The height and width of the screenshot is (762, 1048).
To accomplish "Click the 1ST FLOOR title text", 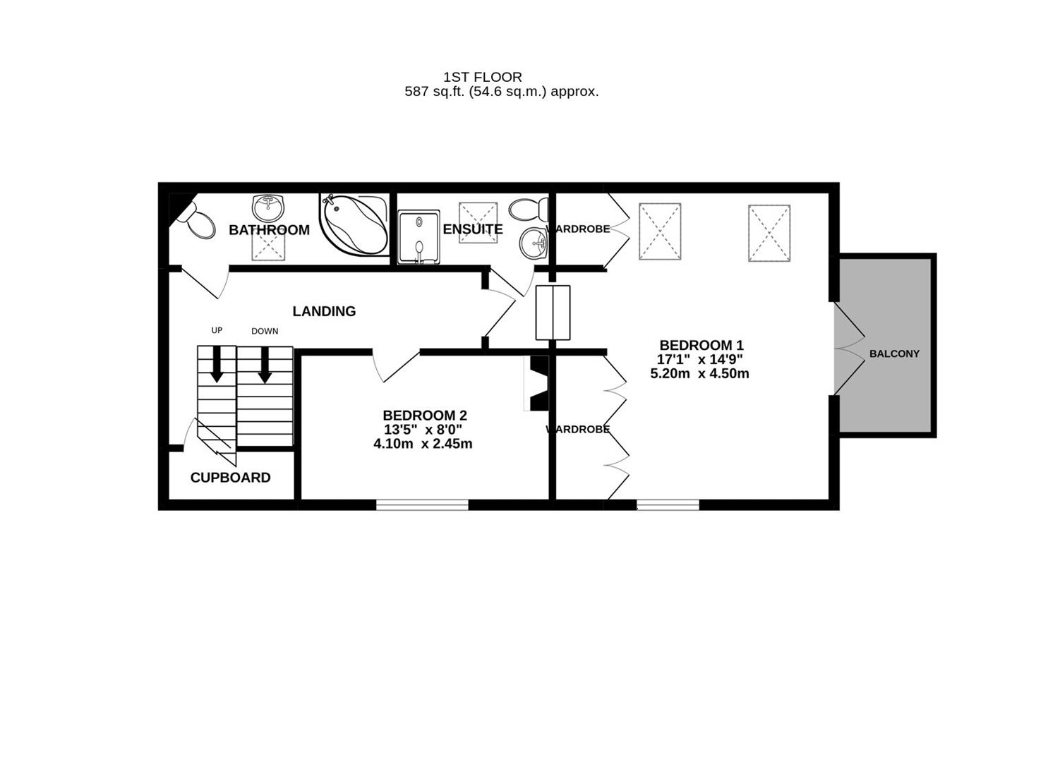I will point(482,77).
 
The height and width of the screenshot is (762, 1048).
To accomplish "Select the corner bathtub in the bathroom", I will point(355,222).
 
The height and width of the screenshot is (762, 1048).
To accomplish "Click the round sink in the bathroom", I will point(268,207).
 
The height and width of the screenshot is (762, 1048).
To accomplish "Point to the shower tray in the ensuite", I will point(418,237).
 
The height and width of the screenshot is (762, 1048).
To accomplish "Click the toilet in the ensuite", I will point(529,209).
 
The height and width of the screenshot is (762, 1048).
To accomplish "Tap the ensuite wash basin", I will point(533,244).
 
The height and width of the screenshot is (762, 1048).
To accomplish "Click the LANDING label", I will point(324,311).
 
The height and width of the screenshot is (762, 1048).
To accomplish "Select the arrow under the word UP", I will point(217,363).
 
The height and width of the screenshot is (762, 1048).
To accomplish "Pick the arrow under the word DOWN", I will point(265,364).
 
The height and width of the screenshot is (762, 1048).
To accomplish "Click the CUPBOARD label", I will point(230,478).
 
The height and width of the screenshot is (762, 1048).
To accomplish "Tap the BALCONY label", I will point(893,353).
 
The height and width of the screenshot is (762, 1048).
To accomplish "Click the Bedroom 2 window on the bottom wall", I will point(422,504).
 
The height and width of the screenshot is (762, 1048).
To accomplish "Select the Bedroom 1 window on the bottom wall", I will point(668,504).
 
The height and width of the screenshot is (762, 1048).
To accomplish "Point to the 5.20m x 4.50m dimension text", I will point(699,374).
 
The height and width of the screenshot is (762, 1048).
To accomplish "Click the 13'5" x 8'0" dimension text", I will point(423,430).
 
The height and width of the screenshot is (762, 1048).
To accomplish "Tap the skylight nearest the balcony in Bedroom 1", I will point(769,233).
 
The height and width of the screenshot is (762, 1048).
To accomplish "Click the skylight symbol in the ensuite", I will point(478,222).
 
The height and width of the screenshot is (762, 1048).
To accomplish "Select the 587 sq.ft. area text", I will point(501,92).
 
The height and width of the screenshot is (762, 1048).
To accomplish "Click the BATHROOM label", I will point(269,230).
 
